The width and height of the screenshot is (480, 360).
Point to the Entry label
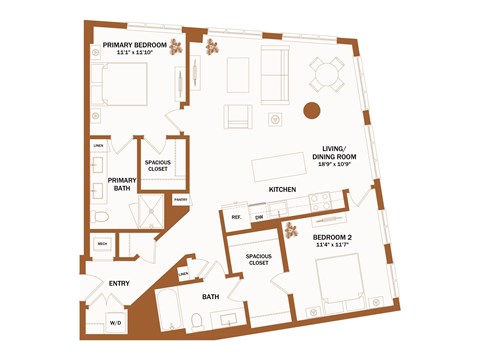point(120,283)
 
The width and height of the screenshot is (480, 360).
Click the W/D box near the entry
point(115,323)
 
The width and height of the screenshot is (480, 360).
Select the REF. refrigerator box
point(237,216)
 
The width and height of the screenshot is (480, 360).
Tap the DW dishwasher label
point(259,216)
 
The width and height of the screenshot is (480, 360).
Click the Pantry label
point(180,199)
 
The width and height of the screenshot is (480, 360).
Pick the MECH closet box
point(103,244)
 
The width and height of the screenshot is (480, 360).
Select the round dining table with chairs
point(327,72)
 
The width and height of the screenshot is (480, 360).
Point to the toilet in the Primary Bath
point(101,217)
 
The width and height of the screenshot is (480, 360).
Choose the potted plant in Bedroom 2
point(292,231)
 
